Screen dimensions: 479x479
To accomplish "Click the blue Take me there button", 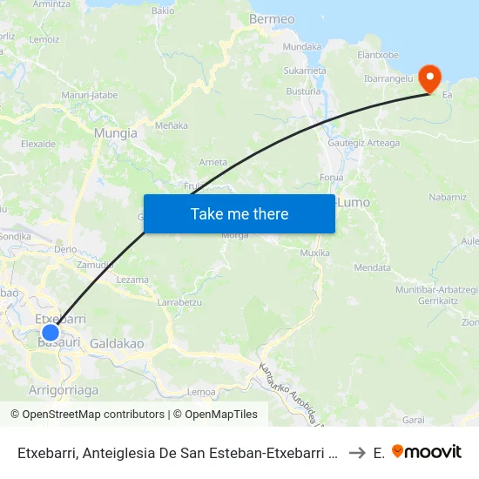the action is [239, 213].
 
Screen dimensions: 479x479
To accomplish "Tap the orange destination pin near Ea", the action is [429, 78].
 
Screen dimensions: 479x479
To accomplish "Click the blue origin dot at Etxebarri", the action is [51, 332].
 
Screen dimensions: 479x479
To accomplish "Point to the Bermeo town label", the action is [272, 18].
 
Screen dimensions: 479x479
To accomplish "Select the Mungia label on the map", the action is [115, 133].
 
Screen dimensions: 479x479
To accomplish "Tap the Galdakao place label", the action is [117, 344].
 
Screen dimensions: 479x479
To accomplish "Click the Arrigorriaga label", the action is [64, 389].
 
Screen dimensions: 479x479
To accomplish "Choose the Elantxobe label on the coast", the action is [378, 55].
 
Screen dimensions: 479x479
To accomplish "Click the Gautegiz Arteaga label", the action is [364, 143].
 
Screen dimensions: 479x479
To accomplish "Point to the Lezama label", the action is [132, 280].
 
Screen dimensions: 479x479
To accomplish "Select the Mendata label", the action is [373, 267].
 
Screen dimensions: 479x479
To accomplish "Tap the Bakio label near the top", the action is [163, 11].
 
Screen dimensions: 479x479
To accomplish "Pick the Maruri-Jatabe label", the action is [89, 95].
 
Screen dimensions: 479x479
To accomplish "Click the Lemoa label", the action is [201, 392].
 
